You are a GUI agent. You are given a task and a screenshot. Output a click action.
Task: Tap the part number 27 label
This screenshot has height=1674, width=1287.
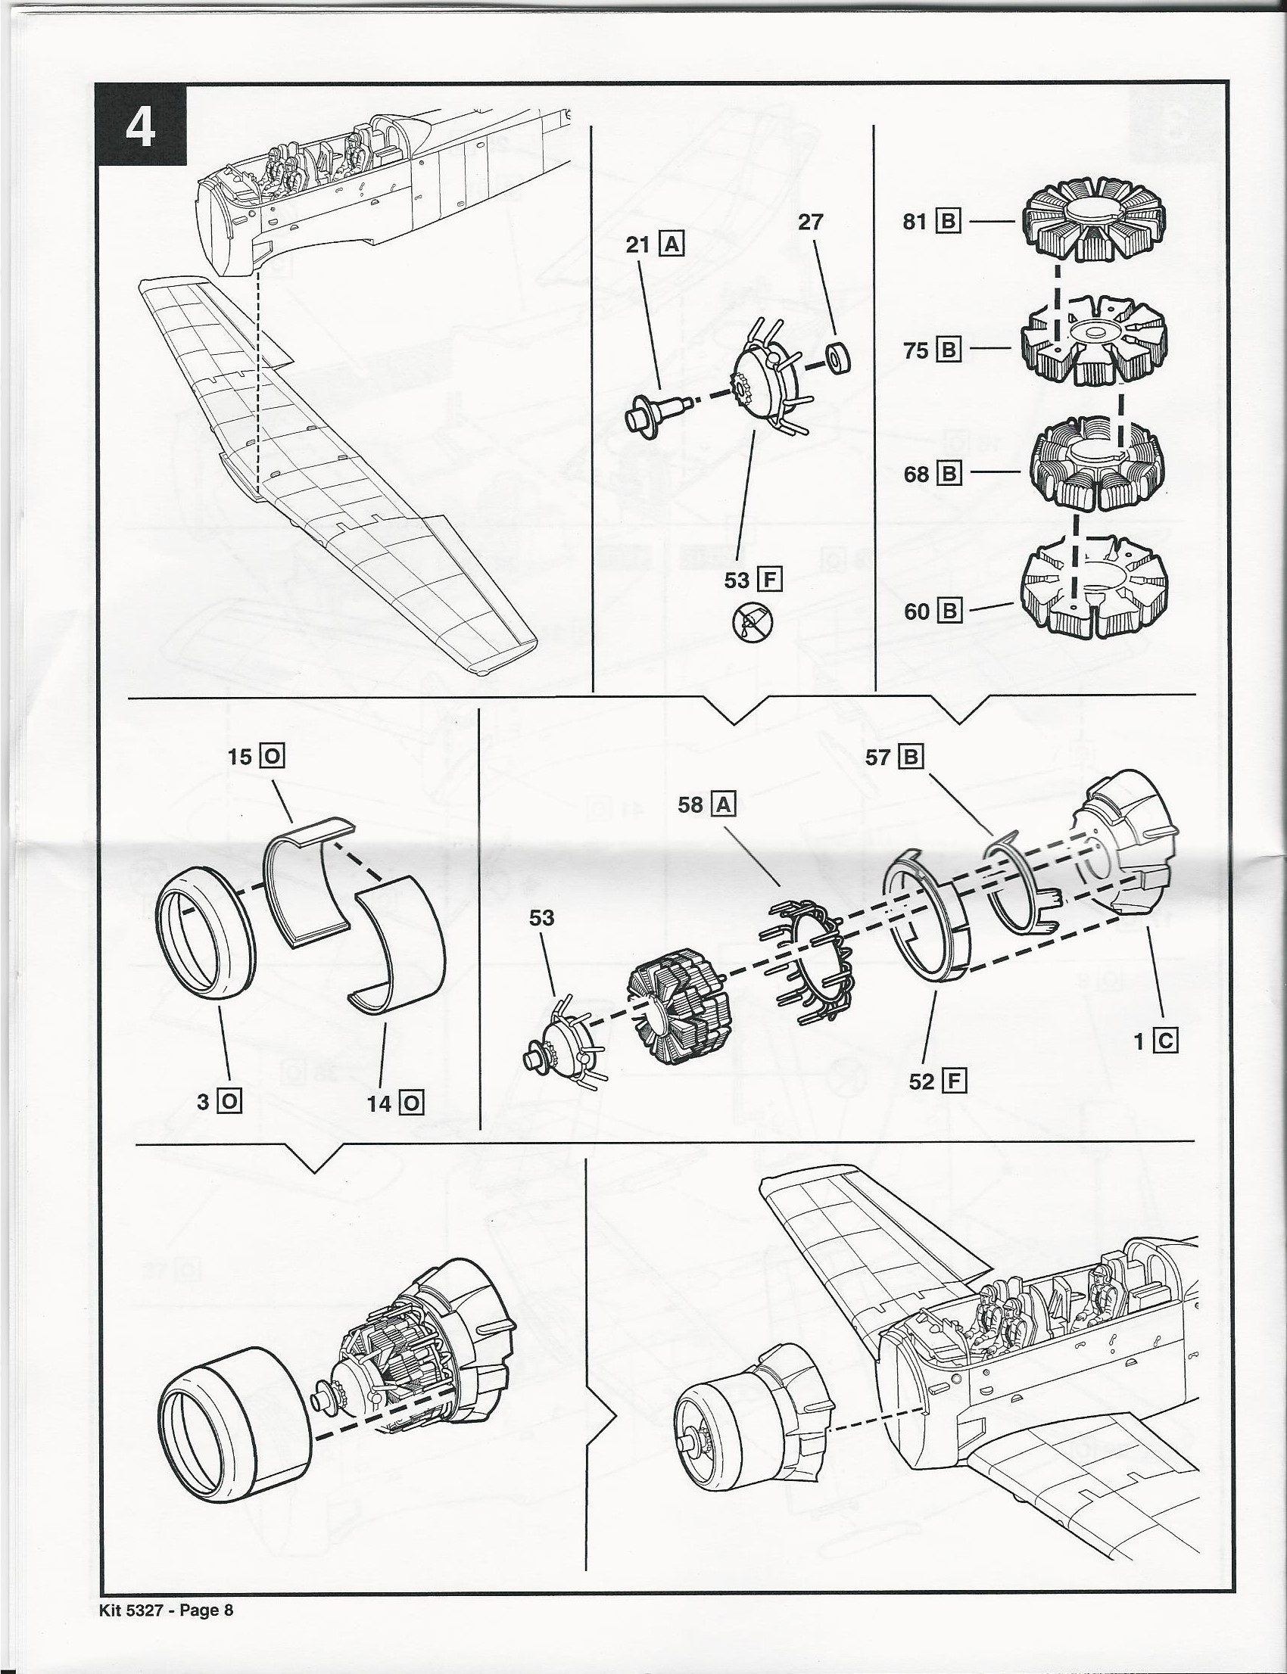[x=810, y=222]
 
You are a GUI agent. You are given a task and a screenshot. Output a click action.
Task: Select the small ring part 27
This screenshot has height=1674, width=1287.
[x=840, y=359]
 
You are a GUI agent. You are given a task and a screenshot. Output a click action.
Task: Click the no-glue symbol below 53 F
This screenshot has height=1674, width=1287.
[x=753, y=622]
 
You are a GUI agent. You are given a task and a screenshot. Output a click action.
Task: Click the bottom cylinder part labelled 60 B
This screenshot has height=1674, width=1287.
[x=1094, y=590]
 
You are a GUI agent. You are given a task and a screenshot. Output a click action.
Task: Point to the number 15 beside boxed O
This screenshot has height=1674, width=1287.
[x=239, y=757]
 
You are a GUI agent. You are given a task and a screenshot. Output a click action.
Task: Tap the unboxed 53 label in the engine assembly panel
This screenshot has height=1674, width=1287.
[x=541, y=917]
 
